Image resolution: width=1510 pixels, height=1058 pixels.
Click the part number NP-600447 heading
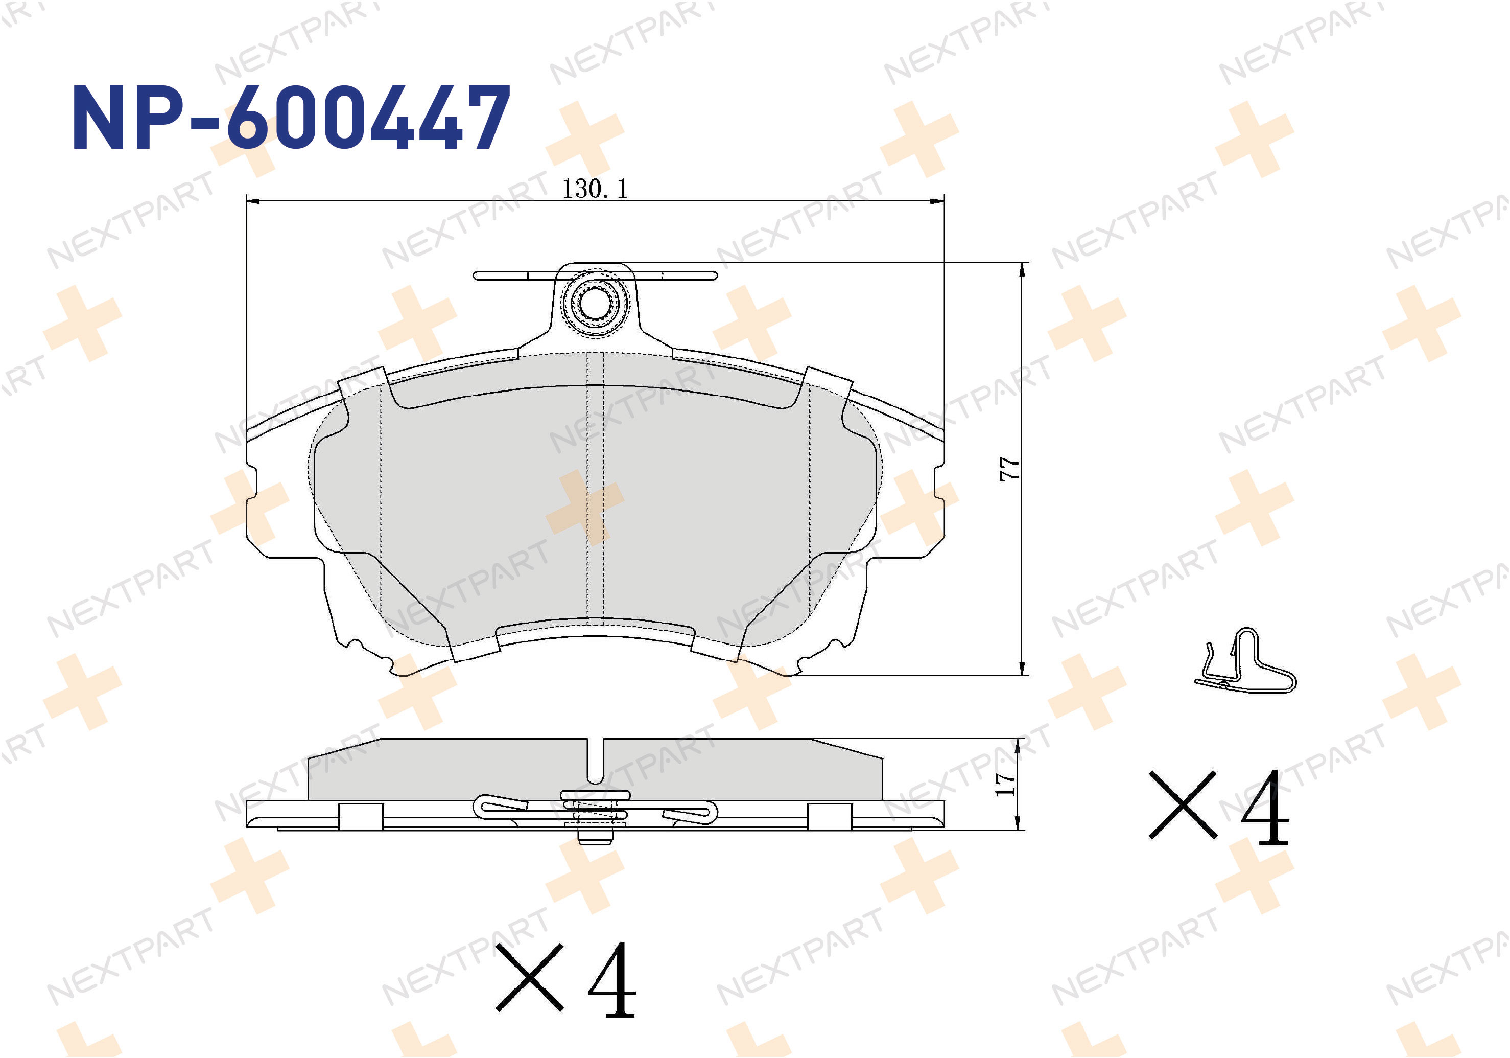click(291, 118)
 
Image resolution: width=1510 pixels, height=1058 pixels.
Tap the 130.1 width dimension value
click(595, 189)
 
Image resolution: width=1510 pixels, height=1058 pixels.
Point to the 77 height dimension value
click(1009, 469)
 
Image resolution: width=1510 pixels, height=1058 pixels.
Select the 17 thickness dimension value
click(1005, 784)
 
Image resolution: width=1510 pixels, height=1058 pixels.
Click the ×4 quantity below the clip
click(1219, 808)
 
